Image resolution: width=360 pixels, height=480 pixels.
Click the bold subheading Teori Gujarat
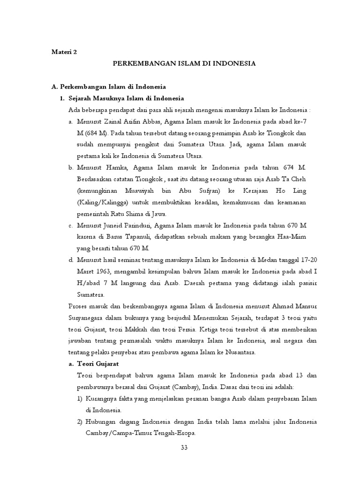pyautogui.click(x=99, y=363)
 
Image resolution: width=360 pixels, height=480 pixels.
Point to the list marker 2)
pyautogui.click(x=80, y=421)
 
